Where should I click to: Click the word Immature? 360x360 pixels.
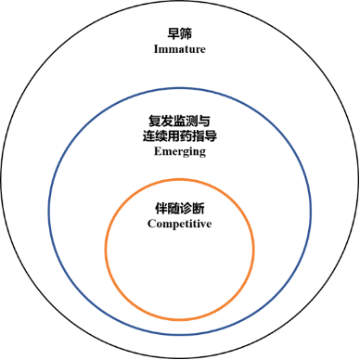(180, 48)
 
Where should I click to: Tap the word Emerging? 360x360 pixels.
(180, 150)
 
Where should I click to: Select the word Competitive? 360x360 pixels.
(180, 223)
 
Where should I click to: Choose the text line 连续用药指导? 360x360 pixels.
(180, 135)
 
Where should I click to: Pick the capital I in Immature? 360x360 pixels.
(155, 48)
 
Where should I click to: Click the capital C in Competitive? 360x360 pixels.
(151, 223)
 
